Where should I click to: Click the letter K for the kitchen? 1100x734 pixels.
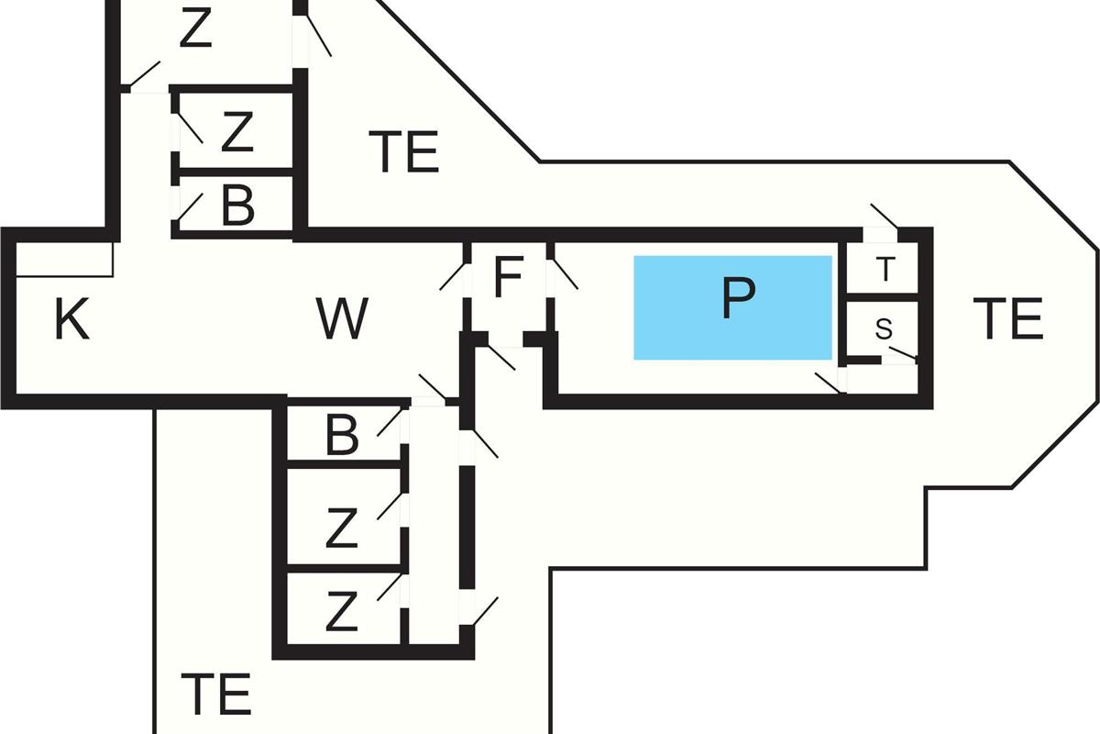pos(71,320)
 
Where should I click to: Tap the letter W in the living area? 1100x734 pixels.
pos(342,318)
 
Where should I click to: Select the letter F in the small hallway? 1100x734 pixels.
pos(508,278)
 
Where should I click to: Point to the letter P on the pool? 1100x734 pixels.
pos(738,297)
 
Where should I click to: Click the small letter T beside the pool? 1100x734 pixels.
pos(885,271)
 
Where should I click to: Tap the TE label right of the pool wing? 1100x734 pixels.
pos(1007,319)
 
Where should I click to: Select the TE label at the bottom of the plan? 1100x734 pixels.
pos(215,694)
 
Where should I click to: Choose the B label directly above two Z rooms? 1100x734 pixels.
pos(342,437)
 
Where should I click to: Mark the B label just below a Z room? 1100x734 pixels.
pos(237,207)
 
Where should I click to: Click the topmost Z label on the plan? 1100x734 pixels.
pos(195,29)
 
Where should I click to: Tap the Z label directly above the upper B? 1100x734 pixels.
pos(236,134)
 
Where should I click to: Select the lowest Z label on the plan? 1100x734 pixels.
pos(341,612)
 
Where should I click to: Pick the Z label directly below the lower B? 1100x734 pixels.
pos(341,529)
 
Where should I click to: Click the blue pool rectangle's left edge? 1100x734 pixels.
pos(634,307)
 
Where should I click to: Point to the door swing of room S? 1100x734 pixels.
pos(902,354)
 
